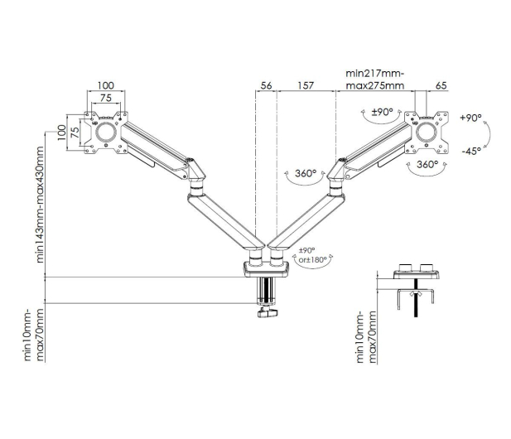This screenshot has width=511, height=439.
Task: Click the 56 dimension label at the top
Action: pyautogui.click(x=266, y=85)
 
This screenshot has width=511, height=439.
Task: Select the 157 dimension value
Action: pyautogui.click(x=306, y=85)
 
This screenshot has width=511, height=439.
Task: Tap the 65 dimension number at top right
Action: pyautogui.click(x=441, y=85)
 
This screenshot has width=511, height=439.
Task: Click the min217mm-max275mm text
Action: pyautogui.click(x=375, y=80)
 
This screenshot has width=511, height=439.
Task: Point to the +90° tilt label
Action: pyautogui.click(x=470, y=118)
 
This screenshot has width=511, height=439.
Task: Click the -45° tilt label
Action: pyautogui.click(x=471, y=152)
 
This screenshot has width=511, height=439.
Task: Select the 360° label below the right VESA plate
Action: pyautogui.click(x=427, y=164)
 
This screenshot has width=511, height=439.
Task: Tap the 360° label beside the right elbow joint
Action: pyautogui.click(x=306, y=173)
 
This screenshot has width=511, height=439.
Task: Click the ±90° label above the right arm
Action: pyautogui.click(x=383, y=112)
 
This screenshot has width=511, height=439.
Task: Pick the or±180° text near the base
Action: pyautogui.click(x=312, y=260)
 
